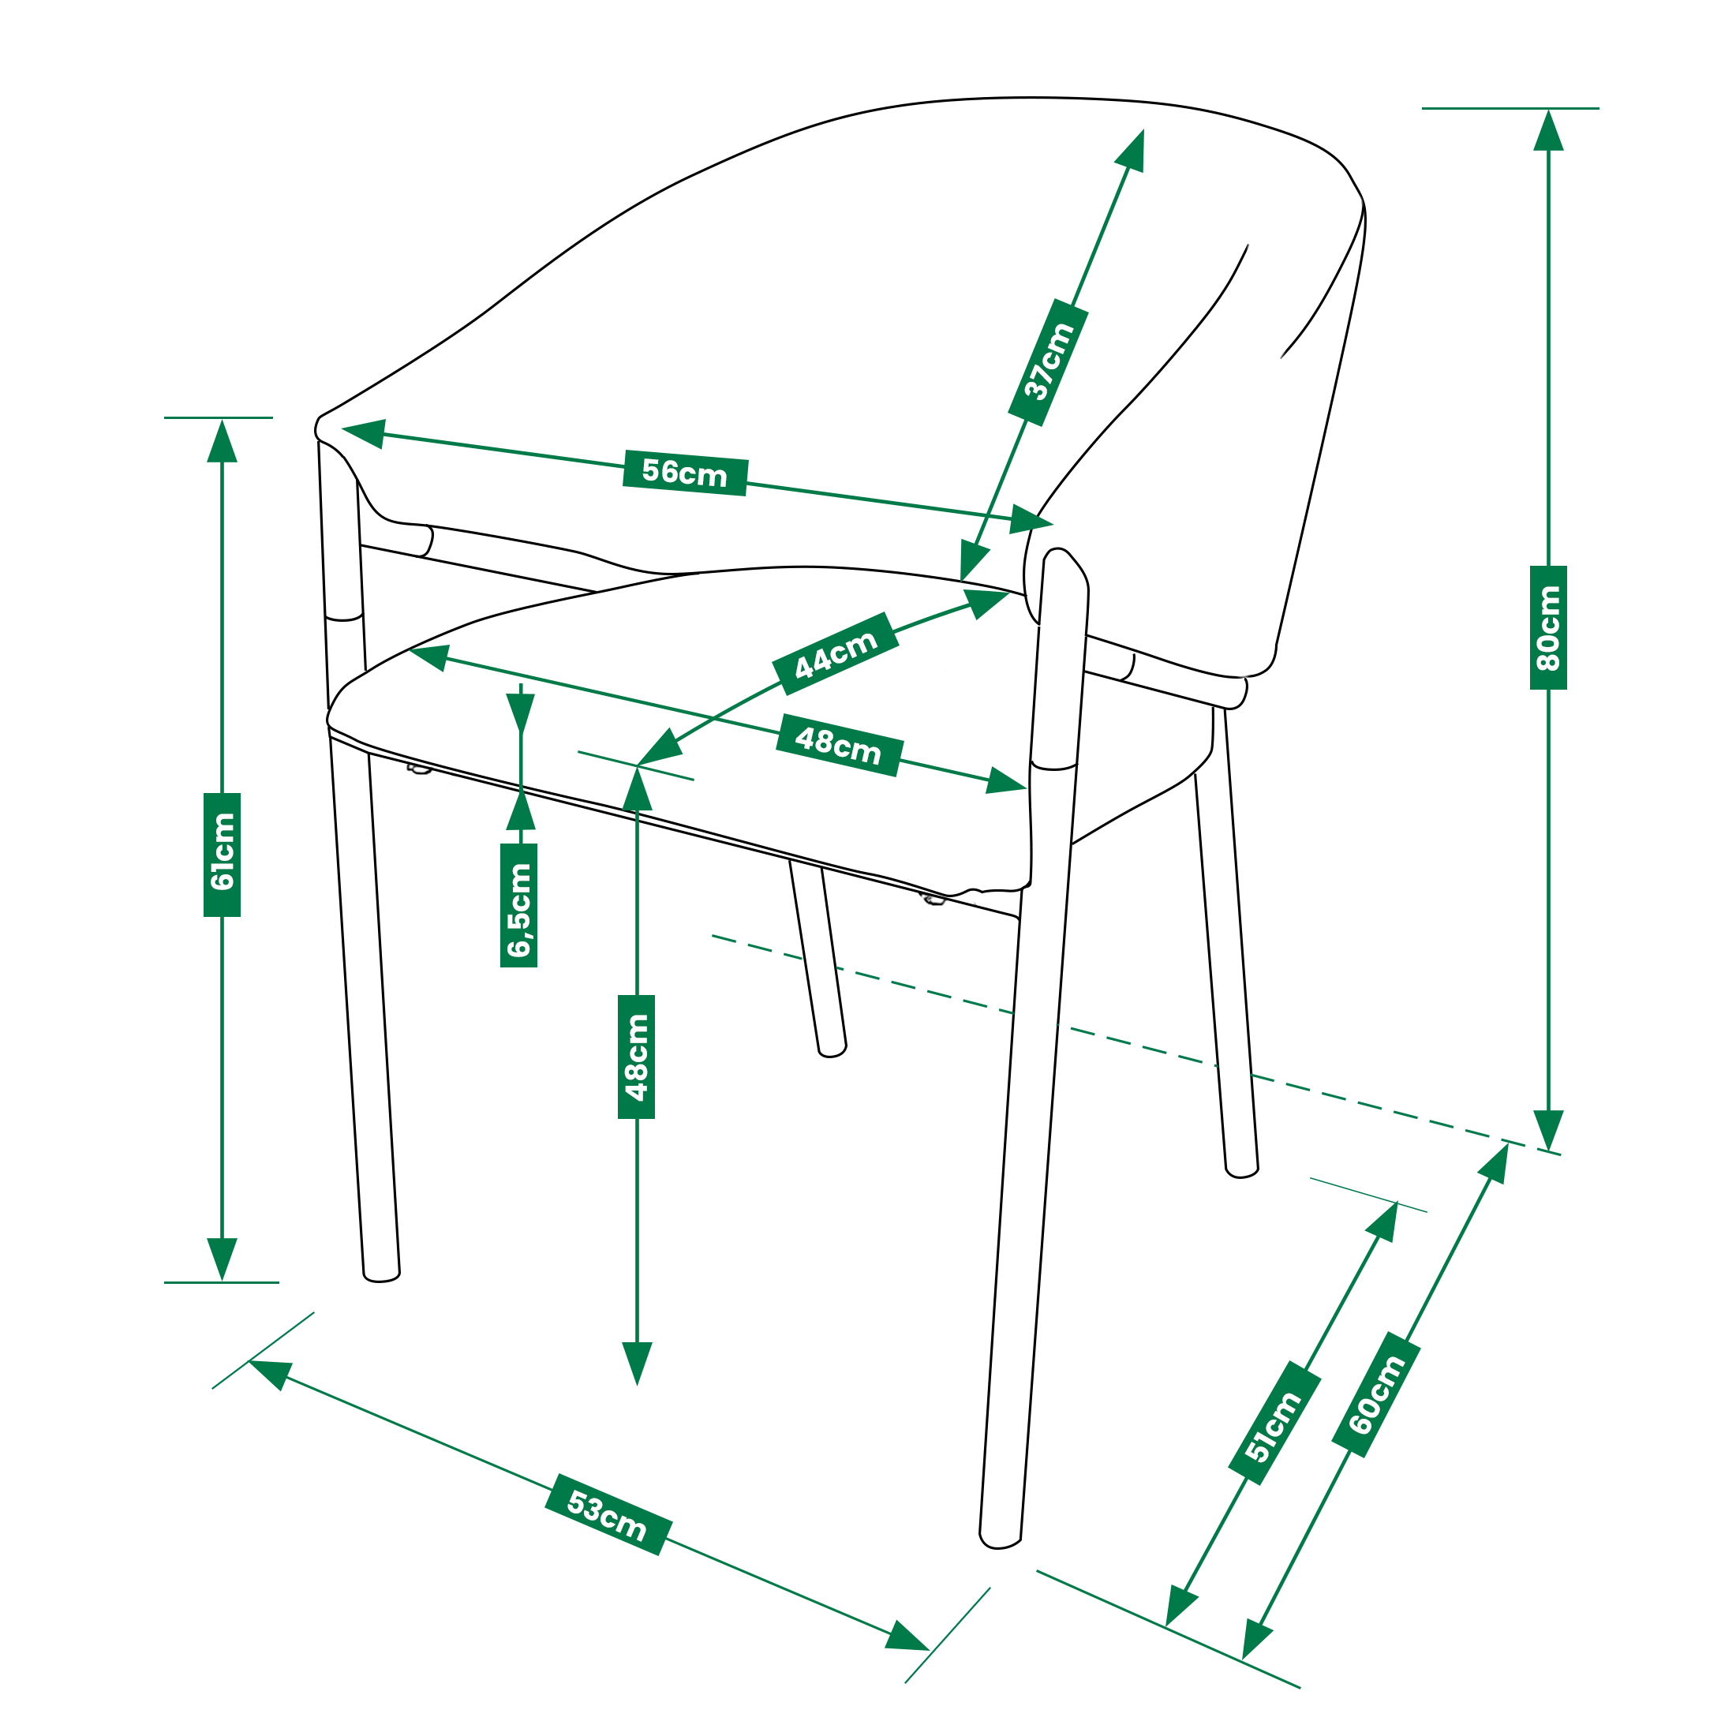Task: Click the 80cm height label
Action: [x=1548, y=627]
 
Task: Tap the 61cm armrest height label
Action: [x=222, y=855]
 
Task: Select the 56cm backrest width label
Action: [x=685, y=473]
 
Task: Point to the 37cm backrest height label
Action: [x=1048, y=362]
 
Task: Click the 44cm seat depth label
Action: [x=835, y=653]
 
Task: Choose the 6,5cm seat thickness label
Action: [x=518, y=905]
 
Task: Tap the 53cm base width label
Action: [x=608, y=1514]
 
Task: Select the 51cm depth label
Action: [x=1274, y=1423]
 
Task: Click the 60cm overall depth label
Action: [x=1375, y=1394]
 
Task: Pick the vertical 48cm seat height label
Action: [x=636, y=1057]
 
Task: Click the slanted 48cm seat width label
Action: [x=838, y=745]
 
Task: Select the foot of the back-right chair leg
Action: [x=1242, y=1171]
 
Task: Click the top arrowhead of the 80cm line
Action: [x=1548, y=129]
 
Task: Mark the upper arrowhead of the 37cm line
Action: [x=1132, y=150]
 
